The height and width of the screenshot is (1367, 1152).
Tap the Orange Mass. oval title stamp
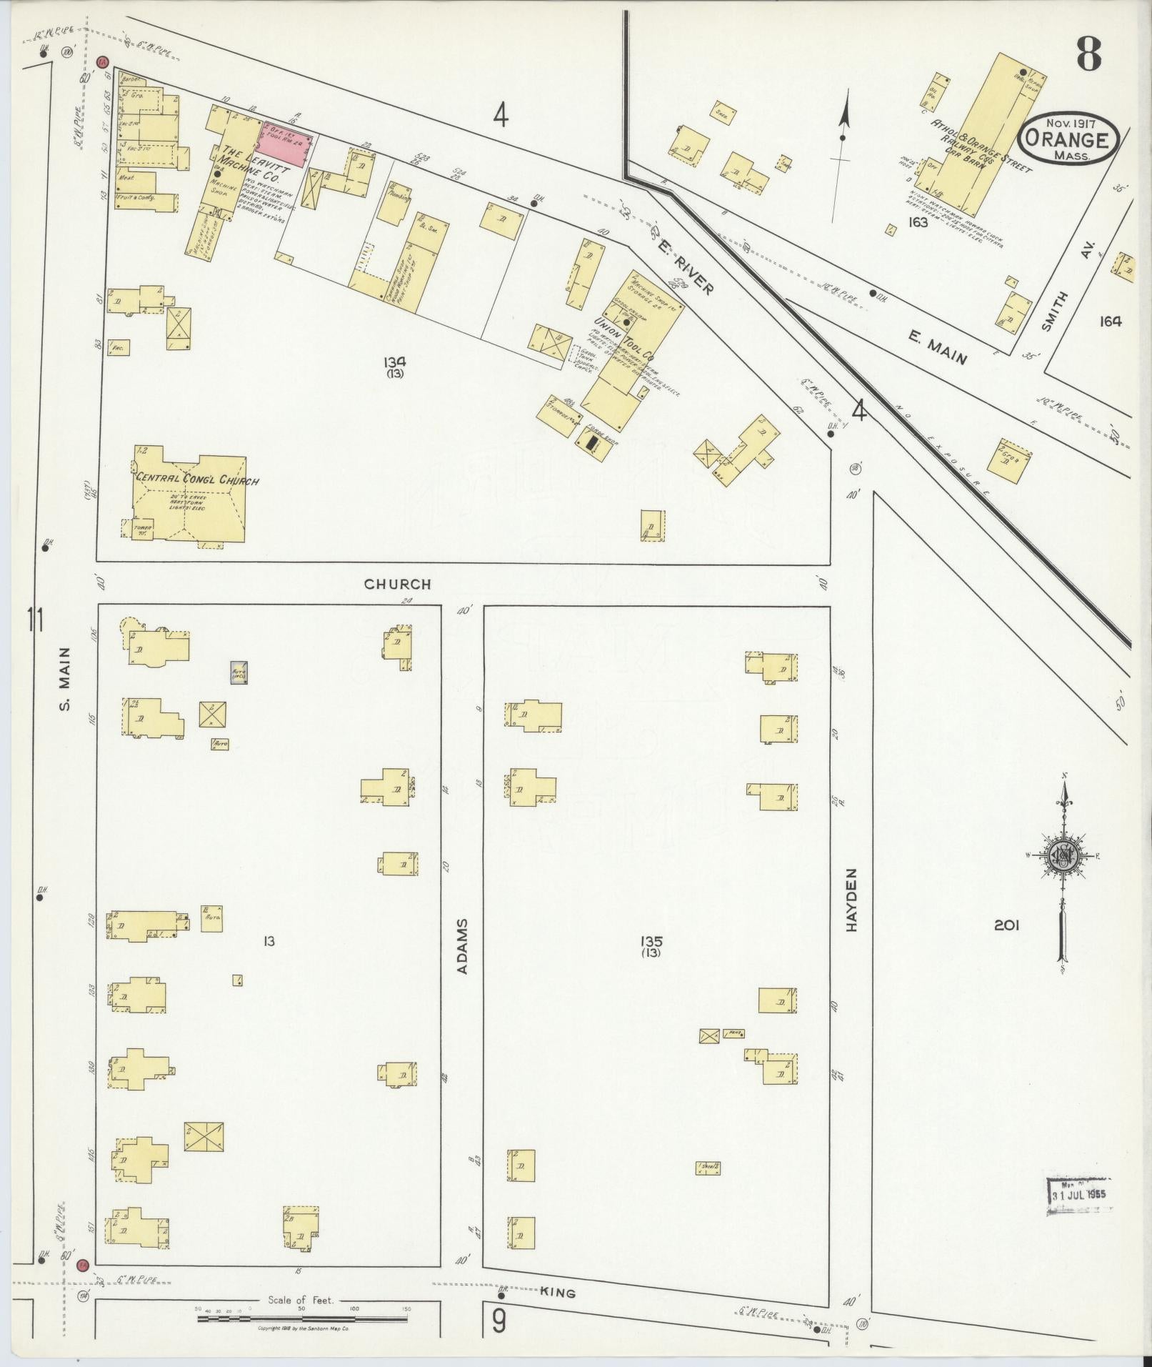pos(1067,139)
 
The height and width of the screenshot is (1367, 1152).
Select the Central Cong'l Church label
pos(197,480)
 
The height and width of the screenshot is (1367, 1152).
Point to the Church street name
pos(397,584)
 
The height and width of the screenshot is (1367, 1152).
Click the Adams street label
pos(462,946)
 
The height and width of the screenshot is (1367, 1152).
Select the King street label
pos(558,1293)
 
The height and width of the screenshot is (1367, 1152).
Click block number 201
pos(1006,925)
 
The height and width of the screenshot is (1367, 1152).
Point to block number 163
pos(917,222)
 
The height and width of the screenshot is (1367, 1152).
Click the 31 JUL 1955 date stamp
pos(1078,1195)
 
